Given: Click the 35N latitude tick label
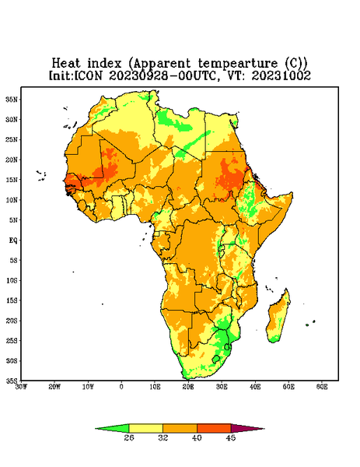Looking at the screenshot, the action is tap(12, 100).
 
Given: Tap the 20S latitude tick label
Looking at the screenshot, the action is tap(12, 321).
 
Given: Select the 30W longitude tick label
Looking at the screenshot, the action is tap(21, 387).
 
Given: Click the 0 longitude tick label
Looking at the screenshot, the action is tap(121, 387).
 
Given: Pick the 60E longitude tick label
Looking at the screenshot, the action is tap(322, 387).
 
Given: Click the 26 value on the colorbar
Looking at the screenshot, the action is tap(129, 437).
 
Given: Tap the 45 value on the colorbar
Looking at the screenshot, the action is tap(231, 437).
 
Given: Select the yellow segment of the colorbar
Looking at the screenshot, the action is tap(145, 428).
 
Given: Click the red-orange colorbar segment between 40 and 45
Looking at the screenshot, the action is tap(214, 428).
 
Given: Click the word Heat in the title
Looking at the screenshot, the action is tap(66, 63).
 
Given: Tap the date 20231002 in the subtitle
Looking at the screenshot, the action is tap(281, 75).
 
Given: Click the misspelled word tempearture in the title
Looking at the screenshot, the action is tap(237, 64).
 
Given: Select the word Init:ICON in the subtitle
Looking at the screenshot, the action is tap(75, 75).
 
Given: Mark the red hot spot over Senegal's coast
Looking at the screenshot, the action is tap(71, 182).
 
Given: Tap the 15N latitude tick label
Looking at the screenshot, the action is tap(12, 180).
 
